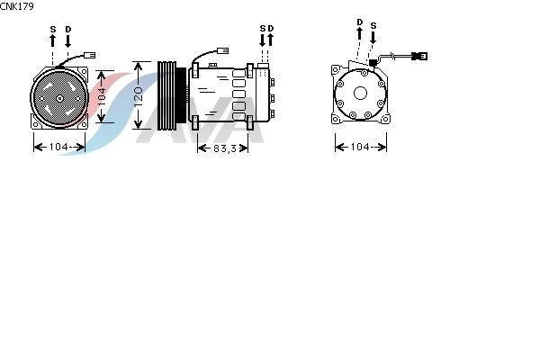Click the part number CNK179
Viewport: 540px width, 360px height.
pyautogui.click(x=17, y=6)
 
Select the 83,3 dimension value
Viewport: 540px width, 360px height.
pyautogui.click(x=225, y=148)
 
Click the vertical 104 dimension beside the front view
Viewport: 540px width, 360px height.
pyautogui.click(x=102, y=96)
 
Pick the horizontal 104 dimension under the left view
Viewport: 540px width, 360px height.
pyautogui.click(x=58, y=147)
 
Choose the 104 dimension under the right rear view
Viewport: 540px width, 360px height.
pyautogui.click(x=360, y=147)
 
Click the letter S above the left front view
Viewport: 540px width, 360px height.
pyautogui.click(x=53, y=30)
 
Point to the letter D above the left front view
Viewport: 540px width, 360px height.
pyautogui.click(x=68, y=30)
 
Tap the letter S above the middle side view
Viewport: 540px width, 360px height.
pyautogui.click(x=263, y=28)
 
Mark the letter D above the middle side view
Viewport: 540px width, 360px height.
pyautogui.click(x=271, y=28)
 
